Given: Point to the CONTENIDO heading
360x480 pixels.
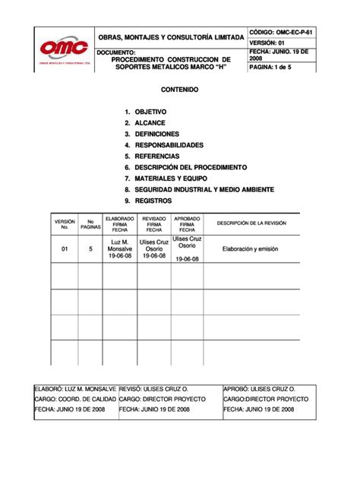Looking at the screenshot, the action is point(180,90).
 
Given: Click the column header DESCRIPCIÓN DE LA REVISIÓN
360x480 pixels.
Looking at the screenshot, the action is point(251,223).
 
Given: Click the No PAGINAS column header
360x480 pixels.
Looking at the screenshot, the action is point(90,224).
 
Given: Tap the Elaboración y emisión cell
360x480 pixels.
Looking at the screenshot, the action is point(251,248).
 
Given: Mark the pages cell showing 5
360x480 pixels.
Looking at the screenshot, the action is point(90,248).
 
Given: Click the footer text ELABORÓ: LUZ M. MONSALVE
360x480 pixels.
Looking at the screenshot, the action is point(75,387).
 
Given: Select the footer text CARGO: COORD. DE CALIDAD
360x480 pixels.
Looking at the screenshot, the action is point(75,398).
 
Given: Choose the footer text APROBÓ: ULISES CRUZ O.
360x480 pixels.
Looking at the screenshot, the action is point(260,387).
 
